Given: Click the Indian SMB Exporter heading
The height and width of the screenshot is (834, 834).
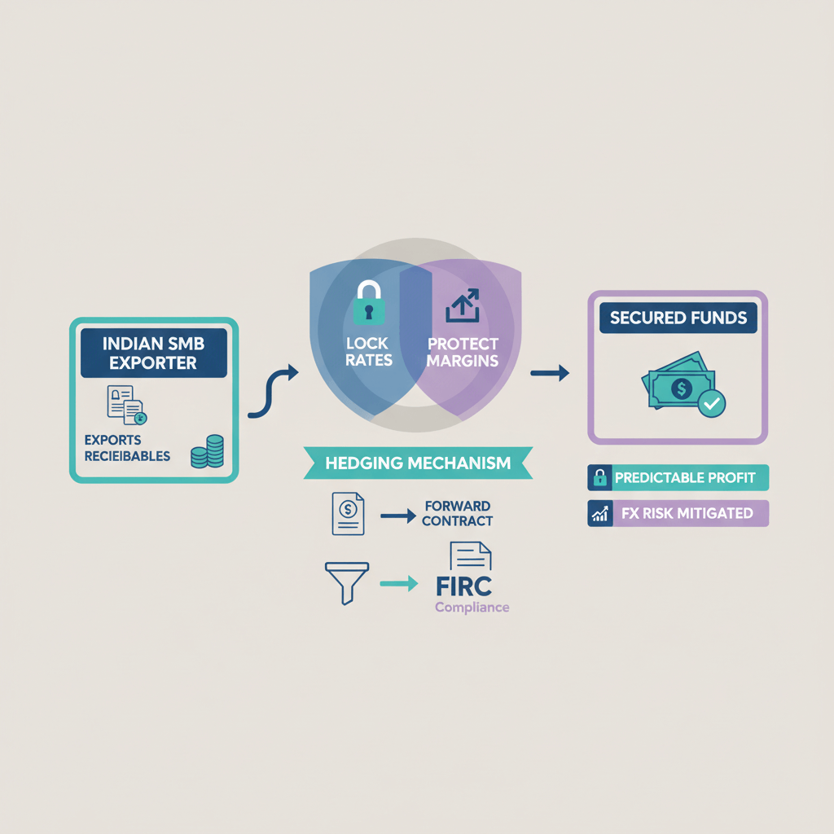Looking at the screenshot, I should tap(154, 353).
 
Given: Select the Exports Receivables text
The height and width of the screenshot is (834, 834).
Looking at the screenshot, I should tap(127, 447).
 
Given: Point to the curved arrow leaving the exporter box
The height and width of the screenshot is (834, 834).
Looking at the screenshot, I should tap(273, 392).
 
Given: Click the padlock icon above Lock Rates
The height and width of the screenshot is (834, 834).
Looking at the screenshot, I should tap(367, 303).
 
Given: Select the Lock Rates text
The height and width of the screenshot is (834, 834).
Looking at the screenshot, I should tap(369, 352).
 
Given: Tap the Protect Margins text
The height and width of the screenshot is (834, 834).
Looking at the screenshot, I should tap(462, 352).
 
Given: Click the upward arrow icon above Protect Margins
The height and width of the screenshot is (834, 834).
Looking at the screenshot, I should tap(462, 308).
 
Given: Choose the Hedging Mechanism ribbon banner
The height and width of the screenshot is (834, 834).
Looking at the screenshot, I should tap(418, 463).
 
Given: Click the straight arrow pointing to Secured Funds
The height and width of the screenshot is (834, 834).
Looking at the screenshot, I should tap(550, 374).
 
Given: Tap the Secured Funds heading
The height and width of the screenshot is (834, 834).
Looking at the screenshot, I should tap(678, 318).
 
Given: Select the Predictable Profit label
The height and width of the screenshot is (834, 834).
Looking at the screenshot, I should tap(678, 478).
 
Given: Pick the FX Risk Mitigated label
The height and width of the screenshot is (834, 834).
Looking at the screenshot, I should tap(678, 514).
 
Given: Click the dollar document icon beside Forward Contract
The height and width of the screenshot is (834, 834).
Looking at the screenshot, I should tap(348, 514).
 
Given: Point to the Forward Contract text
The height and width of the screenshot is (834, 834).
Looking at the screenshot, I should tap(459, 514).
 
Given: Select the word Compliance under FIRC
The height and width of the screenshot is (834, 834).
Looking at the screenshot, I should tap(472, 608).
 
